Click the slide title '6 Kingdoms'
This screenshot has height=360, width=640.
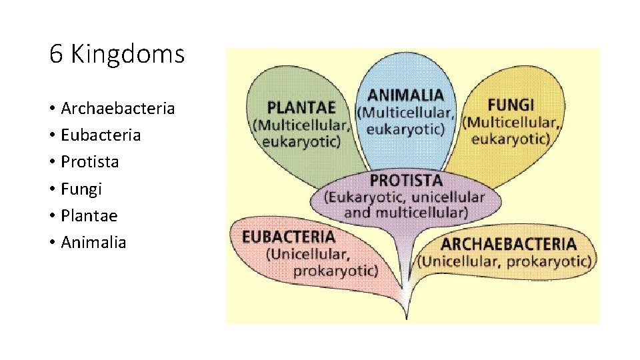(117, 54)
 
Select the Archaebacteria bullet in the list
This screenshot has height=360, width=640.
(117, 108)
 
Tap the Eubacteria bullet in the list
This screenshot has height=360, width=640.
(101, 135)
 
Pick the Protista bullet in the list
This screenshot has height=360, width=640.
(89, 161)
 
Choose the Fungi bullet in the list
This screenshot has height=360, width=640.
(81, 189)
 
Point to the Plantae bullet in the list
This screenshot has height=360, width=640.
(89, 215)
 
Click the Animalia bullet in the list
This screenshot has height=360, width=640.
(93, 242)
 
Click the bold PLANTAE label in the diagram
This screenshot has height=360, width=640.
(301, 107)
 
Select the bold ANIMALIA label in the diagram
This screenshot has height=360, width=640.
(405, 95)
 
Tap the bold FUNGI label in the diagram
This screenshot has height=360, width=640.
(511, 105)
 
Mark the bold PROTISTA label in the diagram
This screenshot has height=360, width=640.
(406, 180)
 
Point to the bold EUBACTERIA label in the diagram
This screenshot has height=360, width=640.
(289, 237)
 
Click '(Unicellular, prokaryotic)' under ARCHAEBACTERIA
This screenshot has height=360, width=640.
(505, 261)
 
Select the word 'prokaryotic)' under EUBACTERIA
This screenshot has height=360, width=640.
(335, 271)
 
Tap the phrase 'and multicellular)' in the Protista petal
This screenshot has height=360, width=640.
(405, 213)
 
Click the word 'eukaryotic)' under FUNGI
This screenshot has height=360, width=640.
(511, 139)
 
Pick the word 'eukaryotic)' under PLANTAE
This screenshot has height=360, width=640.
(301, 141)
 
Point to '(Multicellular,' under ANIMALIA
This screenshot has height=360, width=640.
(406, 112)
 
